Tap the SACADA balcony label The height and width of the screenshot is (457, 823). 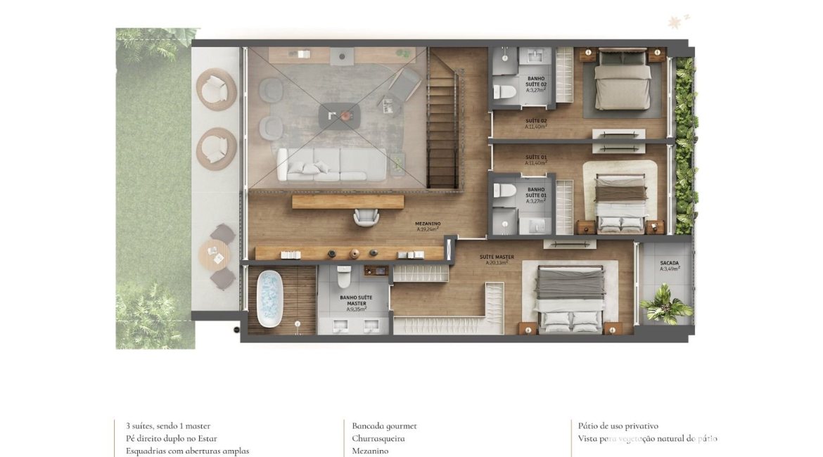pyautogui.click(x=664, y=266)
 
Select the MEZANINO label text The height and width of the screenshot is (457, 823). pyautogui.click(x=428, y=226)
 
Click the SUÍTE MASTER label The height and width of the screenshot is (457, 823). pyautogui.click(x=497, y=259)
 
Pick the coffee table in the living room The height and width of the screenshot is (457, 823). pyautogui.click(x=340, y=115)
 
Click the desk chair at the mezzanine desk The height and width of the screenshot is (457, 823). pyautogui.click(x=366, y=218)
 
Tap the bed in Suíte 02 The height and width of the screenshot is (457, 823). pyautogui.click(x=623, y=81)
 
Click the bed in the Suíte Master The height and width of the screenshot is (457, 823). pyautogui.click(x=570, y=299)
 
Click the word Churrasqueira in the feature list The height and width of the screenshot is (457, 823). pyautogui.click(x=378, y=439)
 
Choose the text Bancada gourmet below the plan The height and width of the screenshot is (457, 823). pyautogui.click(x=385, y=426)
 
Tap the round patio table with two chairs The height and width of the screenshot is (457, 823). pyautogui.click(x=214, y=256)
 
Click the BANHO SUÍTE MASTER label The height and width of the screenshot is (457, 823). pyautogui.click(x=356, y=301)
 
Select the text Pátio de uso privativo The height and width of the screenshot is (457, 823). pyautogui.click(x=618, y=426)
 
